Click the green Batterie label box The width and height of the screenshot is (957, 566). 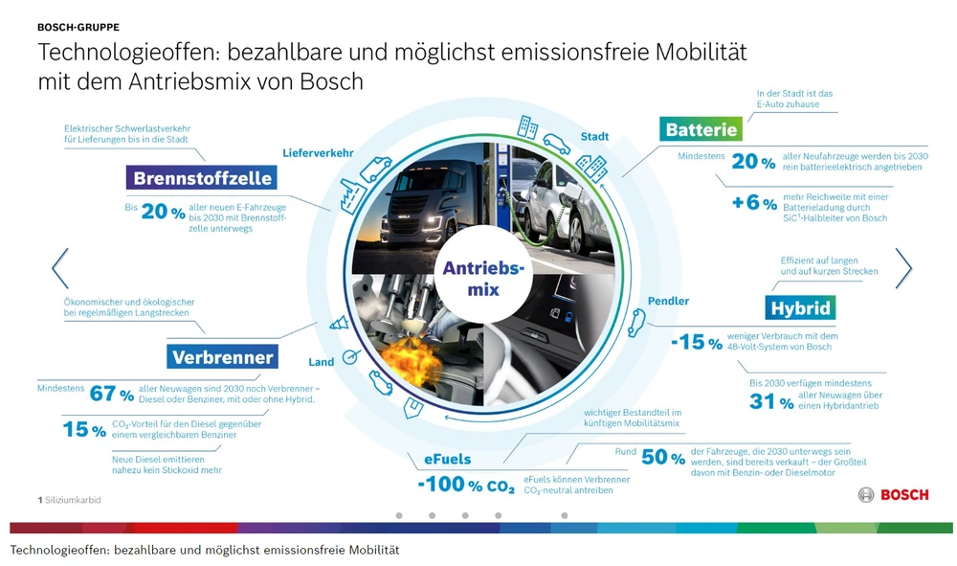[x=701, y=129]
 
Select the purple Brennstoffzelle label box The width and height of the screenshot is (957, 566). [x=202, y=178]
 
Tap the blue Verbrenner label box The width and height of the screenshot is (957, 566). [x=222, y=356]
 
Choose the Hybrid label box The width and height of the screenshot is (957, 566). [x=800, y=307]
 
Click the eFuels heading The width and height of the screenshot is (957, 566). [x=447, y=459]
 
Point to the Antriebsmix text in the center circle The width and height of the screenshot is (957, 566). [x=483, y=279]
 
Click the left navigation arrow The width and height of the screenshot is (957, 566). [x=59, y=268]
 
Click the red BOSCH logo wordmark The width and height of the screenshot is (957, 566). [x=904, y=494]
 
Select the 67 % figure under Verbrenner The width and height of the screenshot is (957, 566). [x=112, y=394]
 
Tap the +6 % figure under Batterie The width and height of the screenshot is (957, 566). [x=754, y=202]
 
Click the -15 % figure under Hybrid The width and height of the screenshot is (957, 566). [x=697, y=342]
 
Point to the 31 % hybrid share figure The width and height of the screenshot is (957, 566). [x=771, y=402]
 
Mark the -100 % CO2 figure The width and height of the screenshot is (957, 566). [x=466, y=485]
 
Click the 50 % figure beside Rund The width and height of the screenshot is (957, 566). [x=663, y=457]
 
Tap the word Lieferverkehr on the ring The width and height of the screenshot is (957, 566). [x=318, y=153]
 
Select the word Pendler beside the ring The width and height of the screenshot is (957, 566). [x=668, y=301]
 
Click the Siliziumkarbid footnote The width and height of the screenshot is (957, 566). [x=70, y=500]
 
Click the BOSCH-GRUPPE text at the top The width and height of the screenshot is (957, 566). [x=78, y=27]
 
